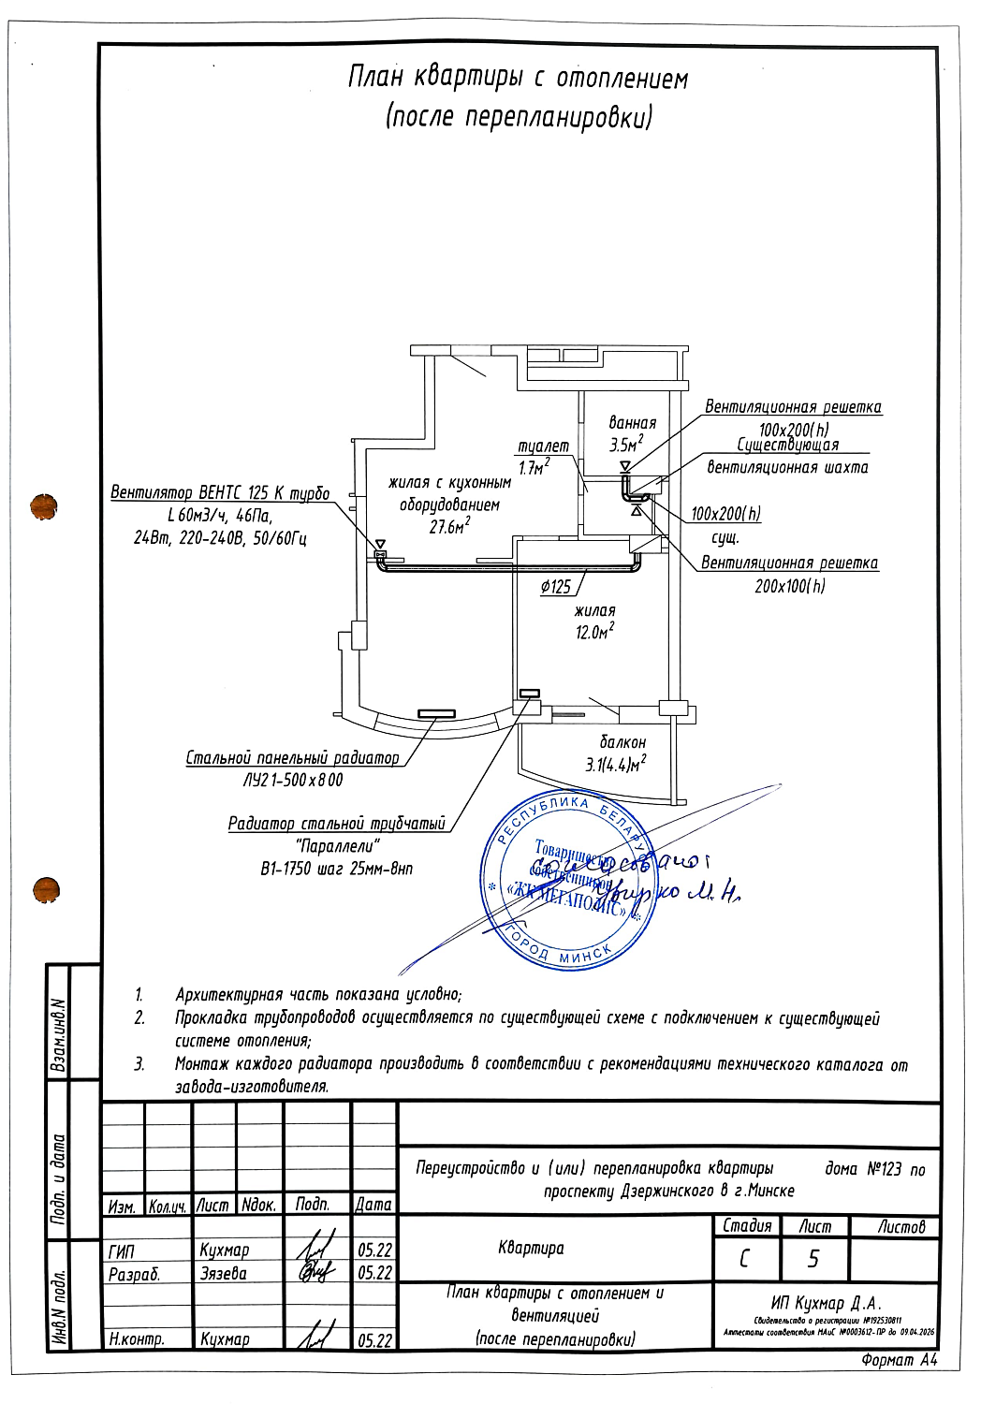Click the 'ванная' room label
[632, 423]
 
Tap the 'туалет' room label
[543, 446]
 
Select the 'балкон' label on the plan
[622, 742]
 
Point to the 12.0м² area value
[594, 633]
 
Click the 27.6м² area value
[449, 527]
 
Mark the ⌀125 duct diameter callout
[555, 587]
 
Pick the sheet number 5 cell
[813, 1260]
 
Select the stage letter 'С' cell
[745, 1260]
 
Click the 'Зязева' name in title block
[224, 1273]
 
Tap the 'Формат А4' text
[899, 1360]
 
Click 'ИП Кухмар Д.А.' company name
[827, 1304]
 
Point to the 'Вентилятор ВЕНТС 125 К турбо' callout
[220, 492]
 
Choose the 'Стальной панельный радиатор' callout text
[292, 757]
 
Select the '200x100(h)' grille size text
[790, 587]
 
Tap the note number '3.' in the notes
[139, 1064]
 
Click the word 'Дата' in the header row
[373, 1205]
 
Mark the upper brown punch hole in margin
[44, 506]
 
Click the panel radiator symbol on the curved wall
[436, 714]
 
